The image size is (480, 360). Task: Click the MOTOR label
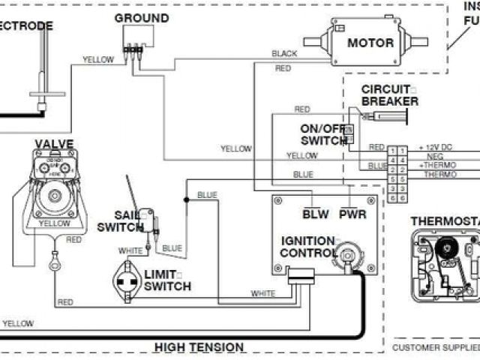click(370, 43)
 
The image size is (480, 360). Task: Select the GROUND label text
click(141, 18)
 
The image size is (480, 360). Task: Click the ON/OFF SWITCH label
click(323, 134)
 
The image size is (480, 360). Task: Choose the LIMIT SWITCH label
click(166, 280)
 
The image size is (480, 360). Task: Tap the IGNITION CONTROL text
click(307, 247)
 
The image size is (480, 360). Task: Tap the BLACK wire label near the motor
click(284, 54)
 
